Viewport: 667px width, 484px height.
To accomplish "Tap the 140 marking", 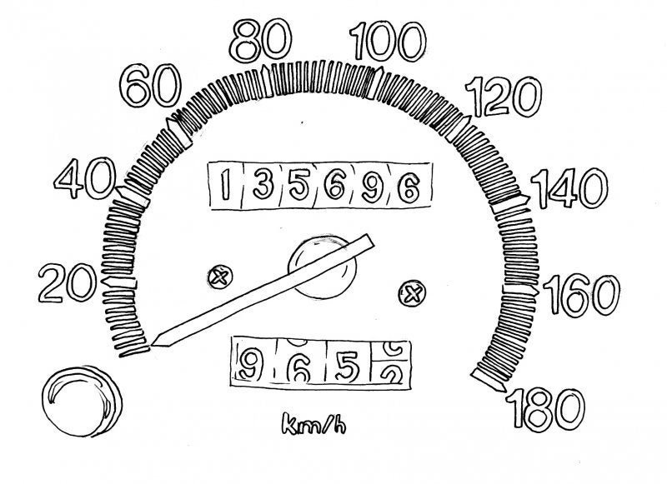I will click(x=570, y=192).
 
